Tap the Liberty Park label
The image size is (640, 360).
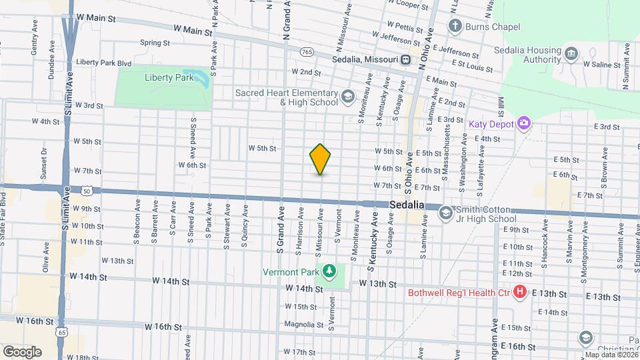(x=169, y=77)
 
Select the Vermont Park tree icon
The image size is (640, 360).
(x=329, y=271)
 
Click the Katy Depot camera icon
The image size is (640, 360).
(x=524, y=123)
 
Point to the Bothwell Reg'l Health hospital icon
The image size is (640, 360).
(x=520, y=293)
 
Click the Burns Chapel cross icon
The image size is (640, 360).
(x=455, y=27)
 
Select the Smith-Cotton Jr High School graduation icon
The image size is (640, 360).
(x=445, y=213)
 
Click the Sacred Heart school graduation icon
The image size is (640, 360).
(x=347, y=97)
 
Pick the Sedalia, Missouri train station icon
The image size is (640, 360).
(x=405, y=59)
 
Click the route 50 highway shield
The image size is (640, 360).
(x=87, y=191)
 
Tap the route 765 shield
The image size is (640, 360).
(x=307, y=51)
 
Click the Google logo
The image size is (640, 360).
(x=22, y=351)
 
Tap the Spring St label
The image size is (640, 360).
(x=155, y=43)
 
